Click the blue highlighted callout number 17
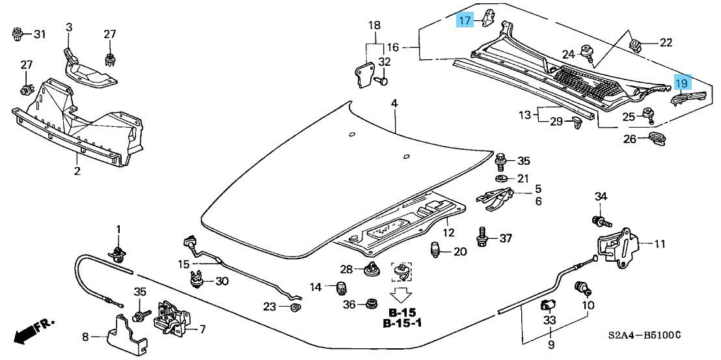click(x=464, y=21)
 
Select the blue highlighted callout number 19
click(x=681, y=83)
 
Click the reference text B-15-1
click(x=402, y=323)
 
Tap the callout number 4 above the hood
click(x=394, y=104)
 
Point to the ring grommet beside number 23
click(x=295, y=307)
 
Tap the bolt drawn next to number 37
click(x=483, y=237)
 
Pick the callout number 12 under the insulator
click(x=449, y=232)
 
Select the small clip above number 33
click(x=547, y=305)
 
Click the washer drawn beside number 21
click(x=502, y=179)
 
